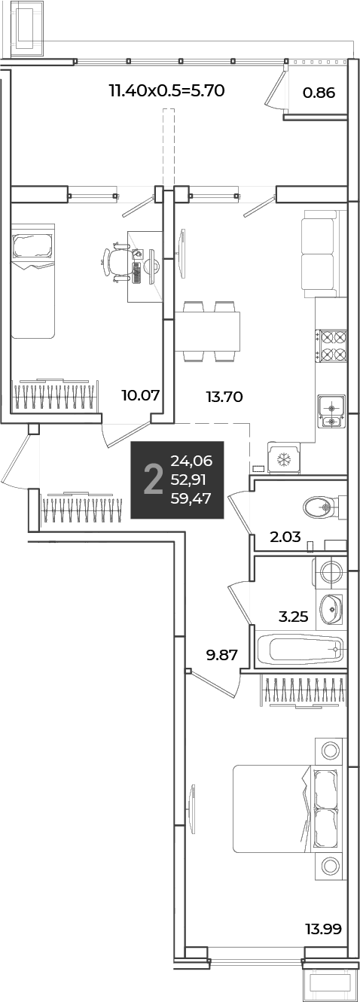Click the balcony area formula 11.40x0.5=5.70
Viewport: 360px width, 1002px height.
(166, 91)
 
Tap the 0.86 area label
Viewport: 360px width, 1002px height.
(319, 93)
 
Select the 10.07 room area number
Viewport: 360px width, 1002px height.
(141, 395)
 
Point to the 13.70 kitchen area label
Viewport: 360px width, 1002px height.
(224, 396)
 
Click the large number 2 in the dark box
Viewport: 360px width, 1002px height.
(153, 480)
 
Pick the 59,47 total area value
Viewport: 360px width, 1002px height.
(191, 498)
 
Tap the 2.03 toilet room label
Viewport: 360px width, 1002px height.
(285, 536)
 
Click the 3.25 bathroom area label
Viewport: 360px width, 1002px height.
(293, 617)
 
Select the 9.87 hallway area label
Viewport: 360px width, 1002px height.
(221, 655)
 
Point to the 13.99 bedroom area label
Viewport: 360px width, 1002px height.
(323, 929)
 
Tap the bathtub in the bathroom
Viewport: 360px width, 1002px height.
(301, 649)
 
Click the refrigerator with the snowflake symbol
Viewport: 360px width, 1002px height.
(283, 458)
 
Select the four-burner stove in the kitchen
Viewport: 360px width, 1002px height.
(331, 345)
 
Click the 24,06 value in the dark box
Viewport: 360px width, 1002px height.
(191, 461)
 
